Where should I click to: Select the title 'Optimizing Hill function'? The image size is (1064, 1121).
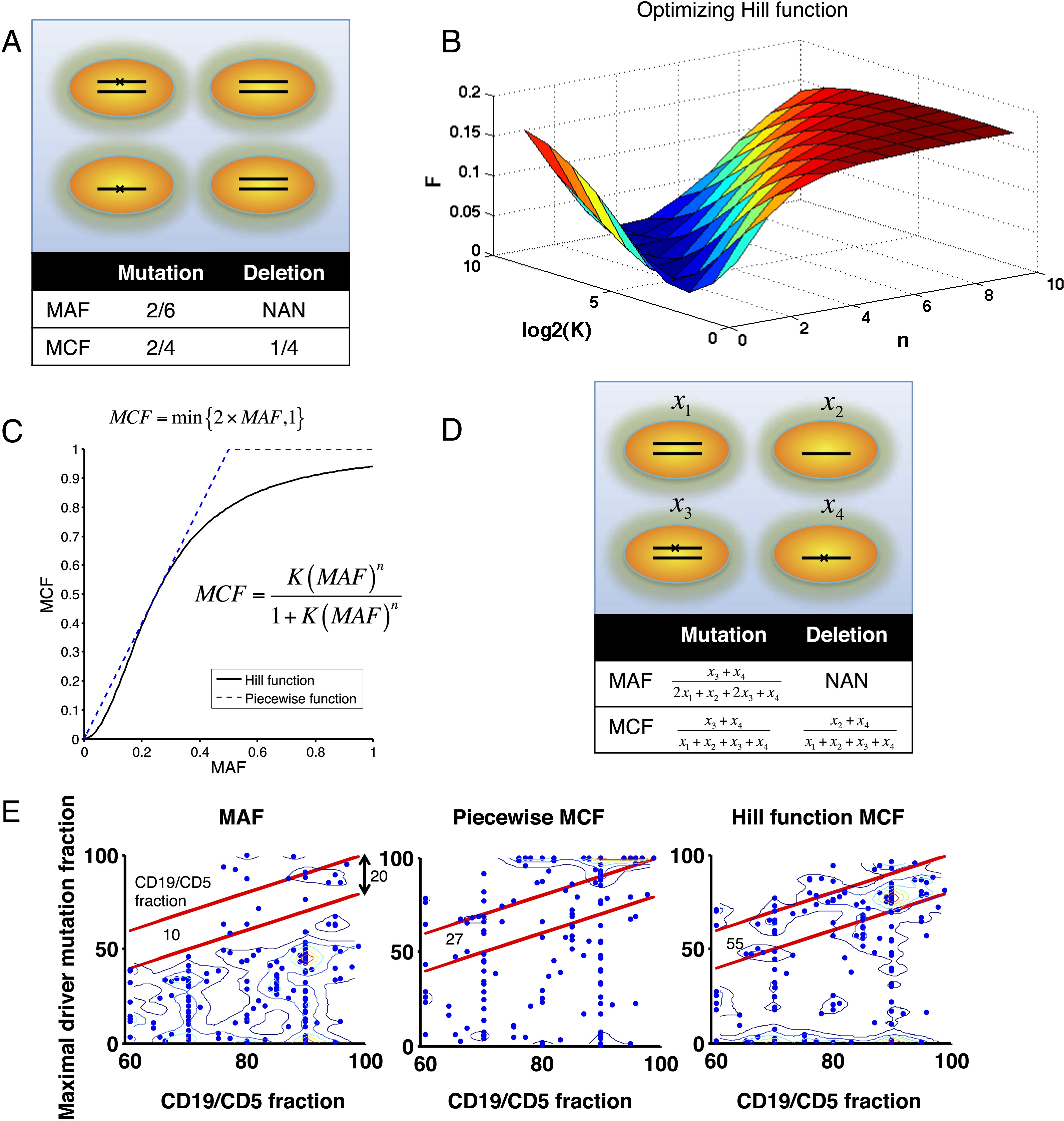click(742, 10)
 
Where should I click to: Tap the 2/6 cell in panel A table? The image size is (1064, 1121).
click(160, 310)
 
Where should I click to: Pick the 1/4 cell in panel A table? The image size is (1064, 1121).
click(284, 348)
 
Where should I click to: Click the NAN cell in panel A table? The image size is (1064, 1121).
click(284, 310)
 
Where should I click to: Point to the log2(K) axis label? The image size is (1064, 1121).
click(556, 330)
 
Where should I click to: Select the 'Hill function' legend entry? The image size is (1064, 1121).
click(279, 680)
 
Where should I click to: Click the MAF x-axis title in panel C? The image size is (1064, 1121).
click(228, 768)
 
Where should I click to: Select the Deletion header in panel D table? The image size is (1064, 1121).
click(846, 635)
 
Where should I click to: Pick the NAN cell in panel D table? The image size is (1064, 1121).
click(846, 681)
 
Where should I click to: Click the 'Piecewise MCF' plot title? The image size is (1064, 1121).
click(528, 817)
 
